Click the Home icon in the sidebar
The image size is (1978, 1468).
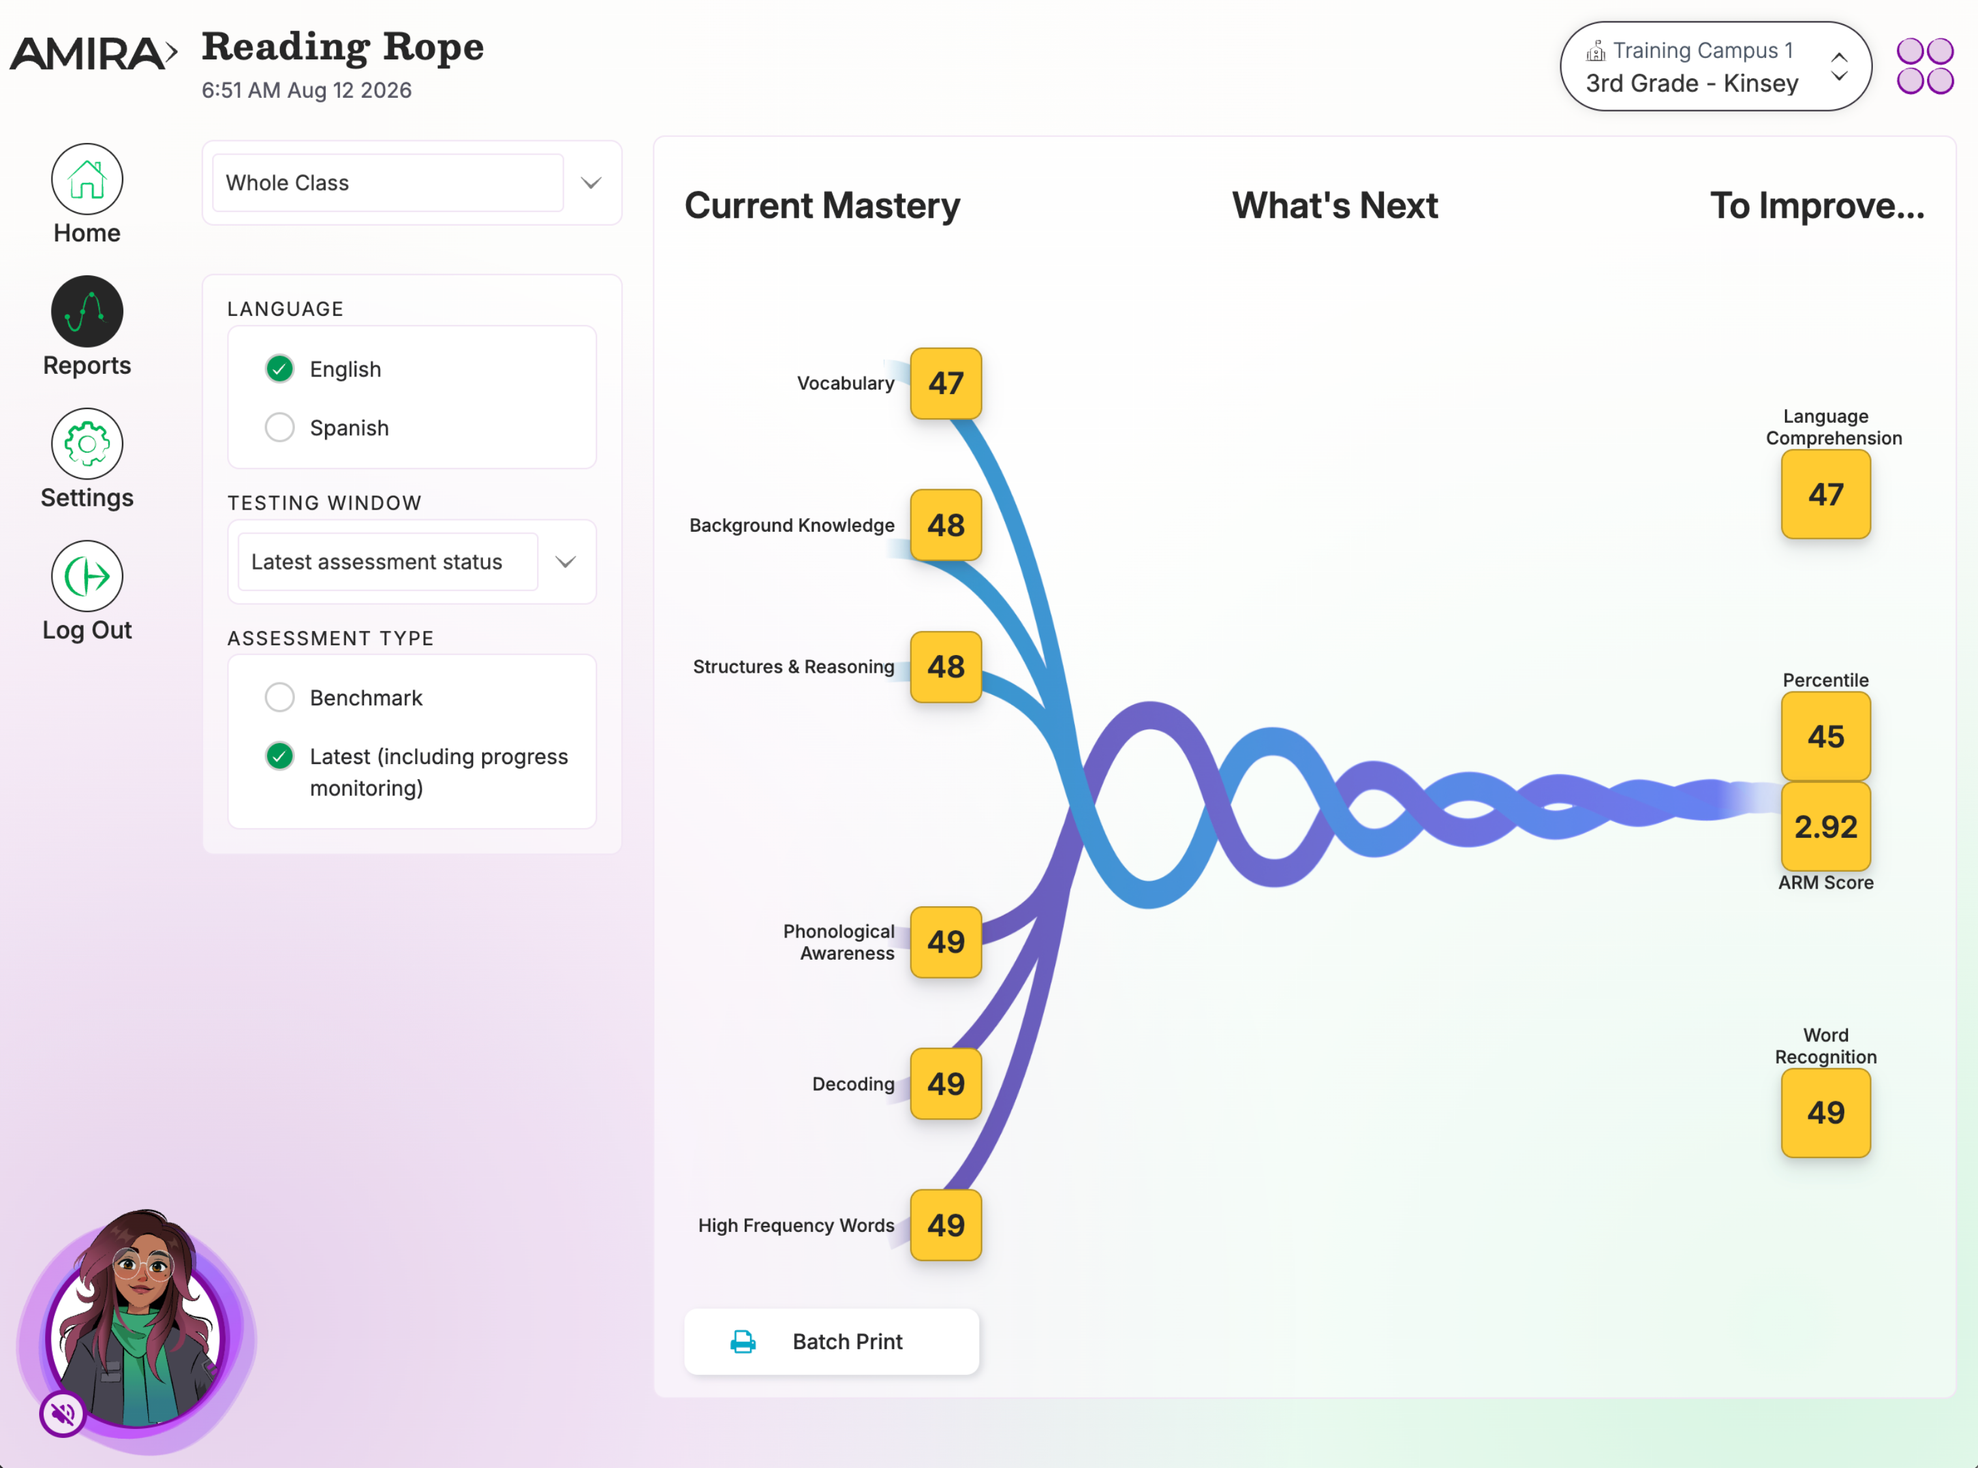pyautogui.click(x=87, y=179)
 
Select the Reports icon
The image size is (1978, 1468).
pyautogui.click(x=87, y=311)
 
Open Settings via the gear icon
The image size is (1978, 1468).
pyautogui.click(x=87, y=444)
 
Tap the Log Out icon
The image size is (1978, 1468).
pyautogui.click(x=87, y=576)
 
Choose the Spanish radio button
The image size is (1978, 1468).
pyautogui.click(x=280, y=427)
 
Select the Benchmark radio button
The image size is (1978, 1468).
pyautogui.click(x=280, y=697)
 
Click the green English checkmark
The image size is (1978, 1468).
pyautogui.click(x=280, y=369)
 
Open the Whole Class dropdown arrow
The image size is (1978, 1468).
pyautogui.click(x=591, y=183)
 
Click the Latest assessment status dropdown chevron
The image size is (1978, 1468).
pyautogui.click(x=566, y=562)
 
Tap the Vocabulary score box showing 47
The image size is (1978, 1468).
pyautogui.click(x=946, y=383)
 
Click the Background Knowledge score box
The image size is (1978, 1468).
pyautogui.click(x=946, y=525)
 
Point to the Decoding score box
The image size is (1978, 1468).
pyautogui.click(x=946, y=1083)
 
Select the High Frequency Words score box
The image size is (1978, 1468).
pyautogui.click(x=946, y=1225)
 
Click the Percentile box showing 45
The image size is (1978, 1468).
pyautogui.click(x=1826, y=737)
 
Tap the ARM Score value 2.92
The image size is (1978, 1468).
pyautogui.click(x=1826, y=827)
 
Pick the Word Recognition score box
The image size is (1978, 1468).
pyautogui.click(x=1826, y=1112)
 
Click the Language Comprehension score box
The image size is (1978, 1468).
pyautogui.click(x=1826, y=494)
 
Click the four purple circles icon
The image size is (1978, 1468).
pyautogui.click(x=1924, y=66)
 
